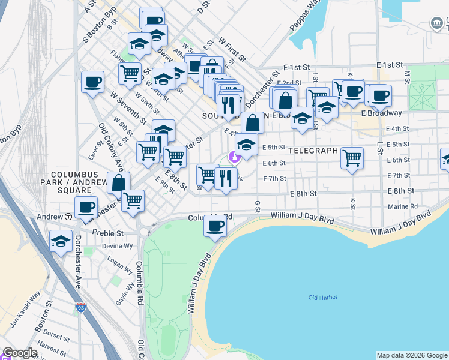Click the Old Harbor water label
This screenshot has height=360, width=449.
(x=323, y=298)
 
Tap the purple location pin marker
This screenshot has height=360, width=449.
(x=235, y=158)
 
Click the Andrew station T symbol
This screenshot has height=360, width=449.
(x=70, y=217)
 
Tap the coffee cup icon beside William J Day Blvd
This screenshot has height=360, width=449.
(x=215, y=226)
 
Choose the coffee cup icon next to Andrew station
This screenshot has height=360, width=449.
(x=86, y=207)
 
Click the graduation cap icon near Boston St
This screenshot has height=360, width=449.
(x=61, y=241)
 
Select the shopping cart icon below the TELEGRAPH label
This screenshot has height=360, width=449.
(x=352, y=158)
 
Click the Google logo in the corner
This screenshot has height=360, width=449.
(x=20, y=353)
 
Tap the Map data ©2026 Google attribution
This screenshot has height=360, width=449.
(x=411, y=355)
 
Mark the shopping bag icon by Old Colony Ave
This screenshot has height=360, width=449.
(x=118, y=183)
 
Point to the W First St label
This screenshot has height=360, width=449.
(x=232, y=50)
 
